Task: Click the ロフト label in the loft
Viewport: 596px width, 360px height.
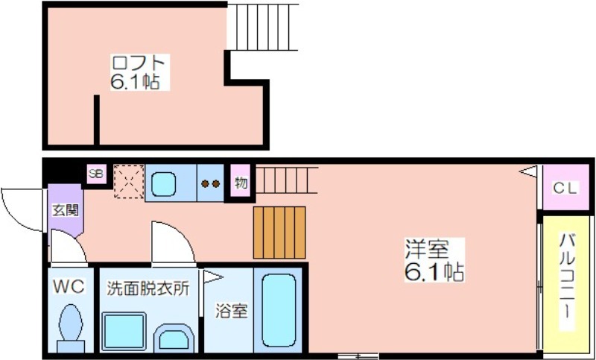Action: tap(139, 63)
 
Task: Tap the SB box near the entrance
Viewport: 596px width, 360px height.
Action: tap(96, 174)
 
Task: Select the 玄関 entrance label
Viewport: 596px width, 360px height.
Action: tap(66, 210)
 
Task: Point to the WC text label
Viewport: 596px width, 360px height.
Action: tap(69, 286)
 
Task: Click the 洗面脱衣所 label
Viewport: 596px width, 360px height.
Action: tap(148, 288)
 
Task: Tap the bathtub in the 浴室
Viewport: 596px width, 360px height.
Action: tap(279, 310)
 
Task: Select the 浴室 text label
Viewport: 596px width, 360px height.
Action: tap(232, 311)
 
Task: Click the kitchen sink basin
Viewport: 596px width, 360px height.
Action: tap(163, 184)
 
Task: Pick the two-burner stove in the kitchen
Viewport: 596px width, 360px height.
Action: tap(211, 183)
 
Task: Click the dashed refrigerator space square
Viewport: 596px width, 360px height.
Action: tap(129, 181)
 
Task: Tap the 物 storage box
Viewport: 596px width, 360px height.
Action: tap(241, 180)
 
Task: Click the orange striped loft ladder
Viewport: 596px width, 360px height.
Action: tap(279, 233)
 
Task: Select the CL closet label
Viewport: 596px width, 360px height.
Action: tap(565, 188)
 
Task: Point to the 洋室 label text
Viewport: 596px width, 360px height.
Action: tap(427, 249)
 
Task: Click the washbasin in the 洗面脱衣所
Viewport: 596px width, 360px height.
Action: tap(174, 338)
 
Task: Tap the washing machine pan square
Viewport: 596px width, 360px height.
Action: tap(124, 332)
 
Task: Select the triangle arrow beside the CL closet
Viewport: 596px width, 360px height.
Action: tap(528, 171)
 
